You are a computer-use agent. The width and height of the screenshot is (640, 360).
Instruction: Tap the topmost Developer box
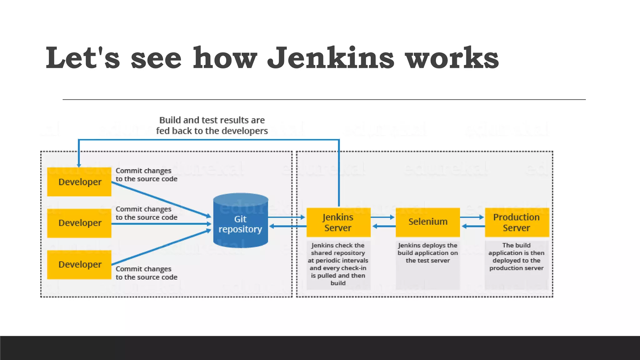coord(79,182)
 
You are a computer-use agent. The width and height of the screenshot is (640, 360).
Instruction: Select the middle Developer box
coord(79,223)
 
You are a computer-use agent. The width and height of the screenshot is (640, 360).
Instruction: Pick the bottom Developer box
coord(79,264)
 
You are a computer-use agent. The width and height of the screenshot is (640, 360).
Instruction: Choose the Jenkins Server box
coord(338,222)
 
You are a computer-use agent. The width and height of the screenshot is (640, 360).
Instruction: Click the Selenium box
coord(427,222)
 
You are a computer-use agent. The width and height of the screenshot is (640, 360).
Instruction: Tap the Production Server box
coord(517,222)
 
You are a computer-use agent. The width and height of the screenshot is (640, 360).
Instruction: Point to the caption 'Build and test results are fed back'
coord(212,125)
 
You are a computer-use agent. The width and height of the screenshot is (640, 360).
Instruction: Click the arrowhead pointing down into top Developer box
coord(79,165)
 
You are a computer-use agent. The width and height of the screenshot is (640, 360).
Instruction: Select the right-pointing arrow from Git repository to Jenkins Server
coord(286,217)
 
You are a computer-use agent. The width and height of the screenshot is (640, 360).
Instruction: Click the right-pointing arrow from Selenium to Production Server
coord(472,217)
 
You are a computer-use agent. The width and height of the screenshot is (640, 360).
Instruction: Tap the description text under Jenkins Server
coord(338,264)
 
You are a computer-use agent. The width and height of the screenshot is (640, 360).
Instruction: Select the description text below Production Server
coord(517,257)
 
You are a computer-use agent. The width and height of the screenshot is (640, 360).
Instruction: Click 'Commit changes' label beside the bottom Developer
coord(146,273)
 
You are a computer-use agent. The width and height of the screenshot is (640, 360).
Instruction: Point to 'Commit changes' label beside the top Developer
coord(146,175)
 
